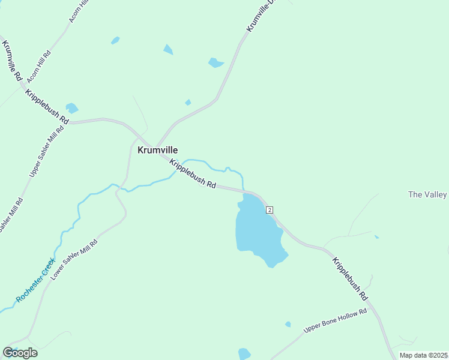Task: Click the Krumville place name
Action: pos(157,150)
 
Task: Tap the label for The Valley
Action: pos(427,194)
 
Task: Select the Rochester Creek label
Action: pos(35,280)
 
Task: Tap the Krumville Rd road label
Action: pos(12,61)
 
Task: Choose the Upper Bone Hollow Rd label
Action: pos(335,321)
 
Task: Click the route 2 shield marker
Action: pos(270,209)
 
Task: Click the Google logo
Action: pos(20,353)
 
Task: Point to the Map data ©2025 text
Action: pos(424,356)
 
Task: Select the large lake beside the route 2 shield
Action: pos(258,231)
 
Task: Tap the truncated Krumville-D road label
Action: pos(260,17)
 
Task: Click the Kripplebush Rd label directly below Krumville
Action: pos(193,174)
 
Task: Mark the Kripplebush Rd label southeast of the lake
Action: pos(350,278)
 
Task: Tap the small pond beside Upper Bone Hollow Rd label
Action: pos(288,324)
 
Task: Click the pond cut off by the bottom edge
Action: pos(244,354)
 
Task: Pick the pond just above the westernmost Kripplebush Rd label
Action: pos(72,108)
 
